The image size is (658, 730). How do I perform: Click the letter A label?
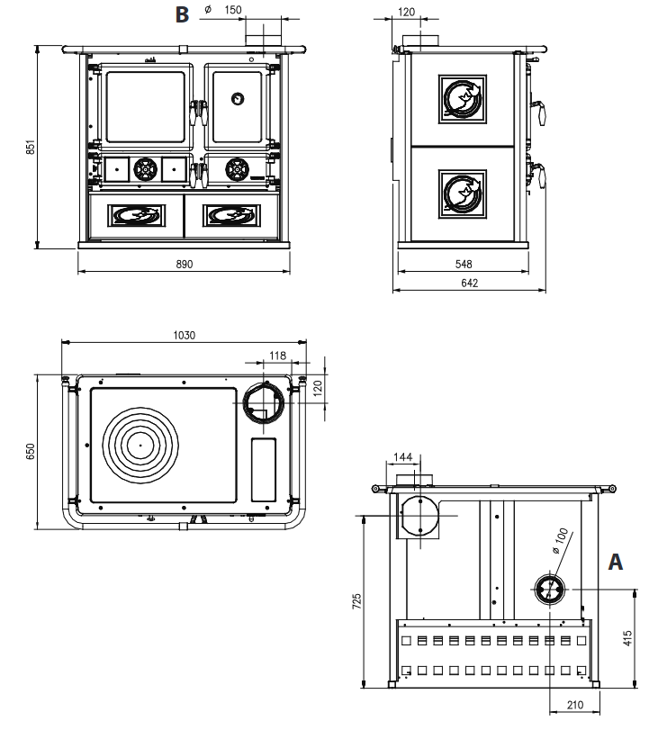(x=617, y=561)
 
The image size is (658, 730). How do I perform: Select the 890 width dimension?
(x=184, y=264)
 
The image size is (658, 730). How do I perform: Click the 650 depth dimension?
(x=30, y=451)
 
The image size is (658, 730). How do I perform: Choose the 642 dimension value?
(x=468, y=283)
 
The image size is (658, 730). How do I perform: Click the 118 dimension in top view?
(x=278, y=356)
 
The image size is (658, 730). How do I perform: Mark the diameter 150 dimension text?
(x=225, y=10)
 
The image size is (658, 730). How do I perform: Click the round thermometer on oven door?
(x=237, y=98)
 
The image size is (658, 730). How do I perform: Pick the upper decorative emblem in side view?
(x=464, y=97)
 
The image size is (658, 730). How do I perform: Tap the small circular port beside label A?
(x=550, y=589)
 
